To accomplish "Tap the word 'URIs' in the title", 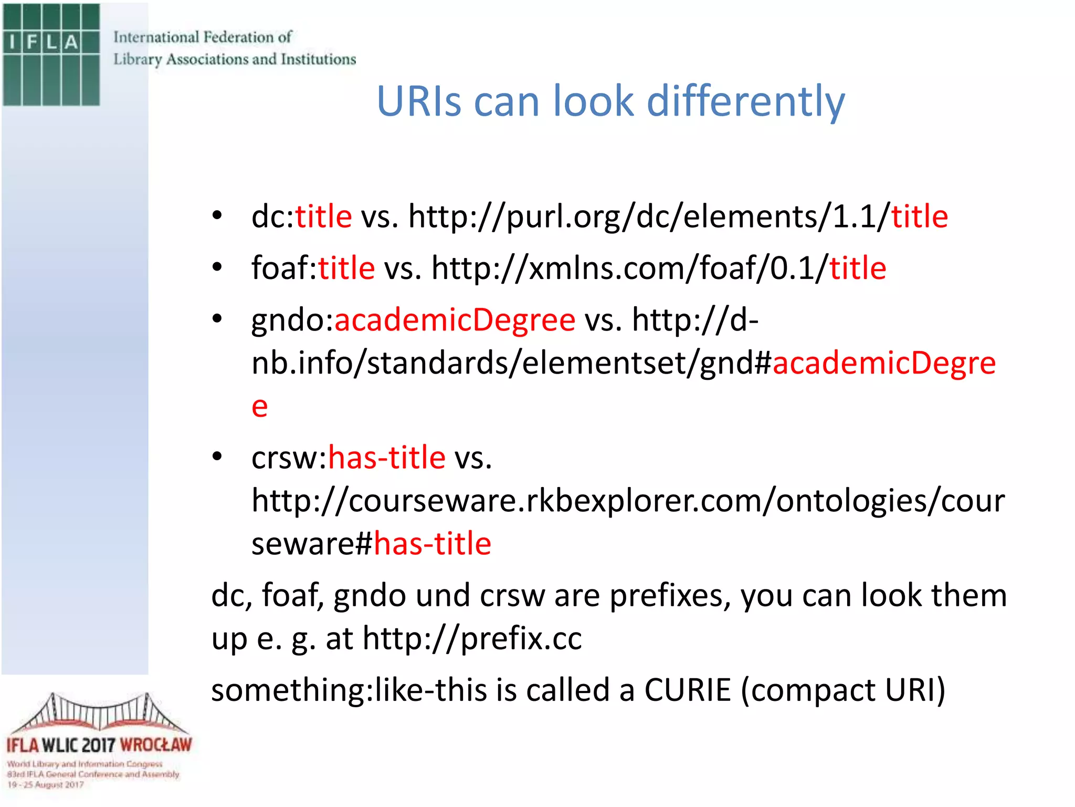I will point(419,101).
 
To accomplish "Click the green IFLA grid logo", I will point(51,55).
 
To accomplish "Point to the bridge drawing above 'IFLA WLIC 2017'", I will point(99,712).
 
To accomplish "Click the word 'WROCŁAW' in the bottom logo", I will point(155,745).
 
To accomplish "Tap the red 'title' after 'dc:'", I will point(323,216).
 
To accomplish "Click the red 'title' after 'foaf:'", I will point(346,268).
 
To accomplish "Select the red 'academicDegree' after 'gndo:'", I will point(455,319).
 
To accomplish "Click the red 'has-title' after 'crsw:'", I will point(387,457).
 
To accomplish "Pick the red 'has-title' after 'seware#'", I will point(433,543).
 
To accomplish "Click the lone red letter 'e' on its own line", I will point(259,406).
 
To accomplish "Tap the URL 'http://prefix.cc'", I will point(472,638).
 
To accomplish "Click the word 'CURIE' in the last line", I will point(687,690).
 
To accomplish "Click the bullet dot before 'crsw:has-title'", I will point(217,456).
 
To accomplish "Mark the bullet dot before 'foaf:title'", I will point(217,267).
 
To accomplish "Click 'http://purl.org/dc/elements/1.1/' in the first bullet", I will point(649,216).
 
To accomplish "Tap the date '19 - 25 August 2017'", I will point(46,784).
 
